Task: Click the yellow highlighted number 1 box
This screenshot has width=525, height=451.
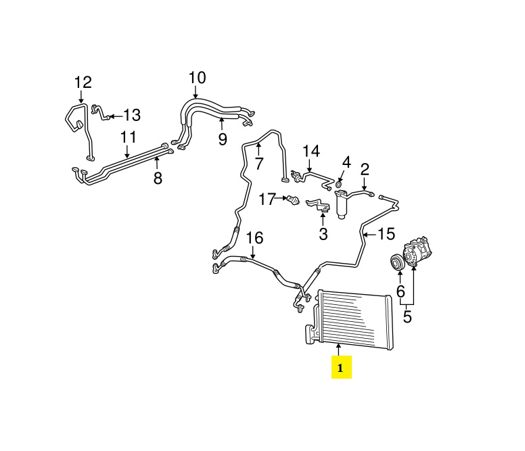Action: pyautogui.click(x=341, y=369)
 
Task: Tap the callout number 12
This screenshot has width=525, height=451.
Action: pyautogui.click(x=83, y=82)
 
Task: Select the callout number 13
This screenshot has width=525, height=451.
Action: pyautogui.click(x=131, y=115)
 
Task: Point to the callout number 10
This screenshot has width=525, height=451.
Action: pyautogui.click(x=196, y=78)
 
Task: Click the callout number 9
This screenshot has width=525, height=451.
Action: pyautogui.click(x=223, y=139)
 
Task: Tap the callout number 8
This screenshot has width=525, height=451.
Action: pyautogui.click(x=158, y=179)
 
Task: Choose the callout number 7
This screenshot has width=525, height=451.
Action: pyautogui.click(x=258, y=163)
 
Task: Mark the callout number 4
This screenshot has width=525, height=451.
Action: pyautogui.click(x=346, y=162)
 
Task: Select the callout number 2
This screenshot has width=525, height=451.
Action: pyautogui.click(x=365, y=168)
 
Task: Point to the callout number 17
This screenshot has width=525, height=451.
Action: pyautogui.click(x=267, y=199)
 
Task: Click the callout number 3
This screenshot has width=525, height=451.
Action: pyautogui.click(x=323, y=234)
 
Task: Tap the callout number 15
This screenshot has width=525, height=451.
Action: pyautogui.click(x=385, y=234)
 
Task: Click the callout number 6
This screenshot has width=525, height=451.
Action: pyautogui.click(x=401, y=291)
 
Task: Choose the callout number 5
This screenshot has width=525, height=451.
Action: pyautogui.click(x=407, y=315)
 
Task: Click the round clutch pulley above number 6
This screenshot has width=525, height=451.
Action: pyautogui.click(x=393, y=263)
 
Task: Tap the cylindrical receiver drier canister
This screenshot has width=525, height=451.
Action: pyautogui.click(x=341, y=205)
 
